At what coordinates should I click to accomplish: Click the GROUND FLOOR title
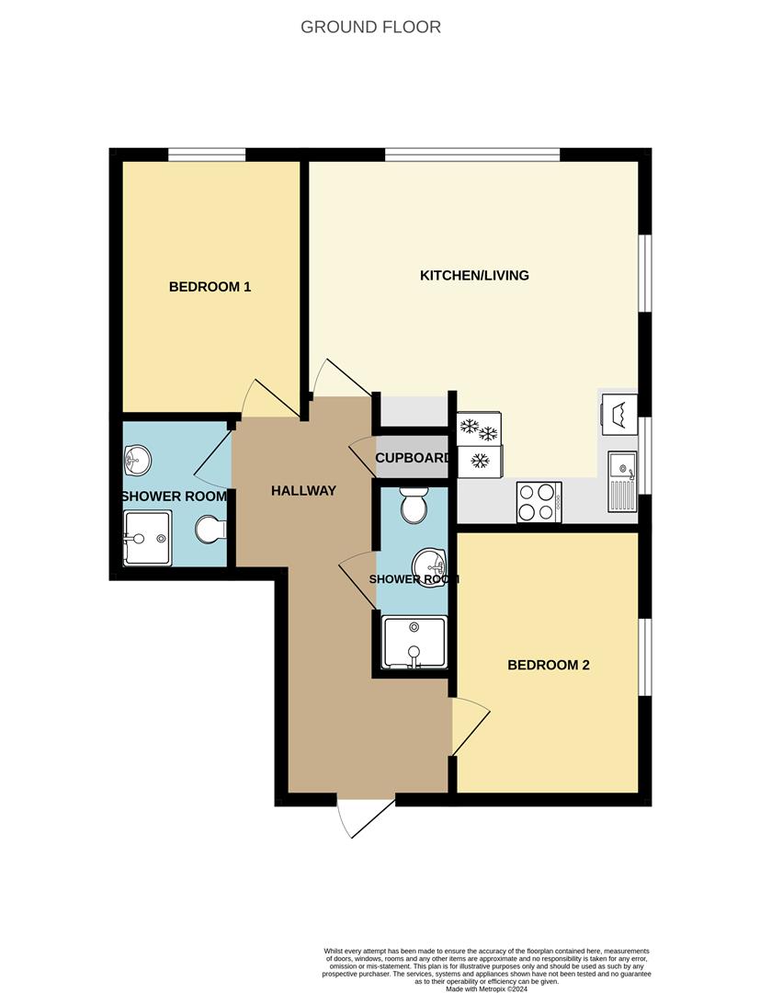(370, 27)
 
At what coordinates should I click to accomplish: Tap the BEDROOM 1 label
(210, 287)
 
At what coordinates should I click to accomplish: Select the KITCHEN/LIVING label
(474, 275)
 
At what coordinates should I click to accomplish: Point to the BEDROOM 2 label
(549, 666)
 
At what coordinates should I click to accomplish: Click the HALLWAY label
(303, 491)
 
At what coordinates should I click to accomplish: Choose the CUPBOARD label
(412, 458)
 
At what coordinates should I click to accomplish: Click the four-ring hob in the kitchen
(539, 502)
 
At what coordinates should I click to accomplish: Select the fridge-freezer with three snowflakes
(479, 428)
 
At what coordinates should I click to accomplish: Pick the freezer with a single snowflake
(480, 461)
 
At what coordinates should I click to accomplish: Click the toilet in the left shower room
(210, 531)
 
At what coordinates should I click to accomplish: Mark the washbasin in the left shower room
(137, 460)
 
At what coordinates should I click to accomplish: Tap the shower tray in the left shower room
(147, 539)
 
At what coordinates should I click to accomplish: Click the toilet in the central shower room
(414, 506)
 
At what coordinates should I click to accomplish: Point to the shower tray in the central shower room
(414, 642)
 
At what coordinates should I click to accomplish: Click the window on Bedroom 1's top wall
(206, 154)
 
